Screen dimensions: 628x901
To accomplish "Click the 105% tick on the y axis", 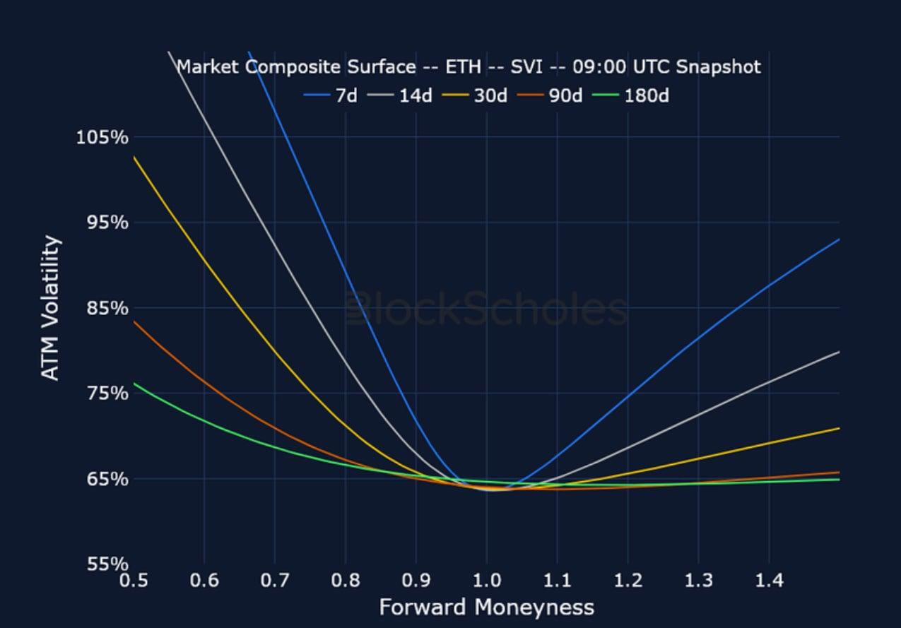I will [x=102, y=137].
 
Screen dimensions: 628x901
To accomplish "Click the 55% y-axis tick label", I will [x=107, y=564].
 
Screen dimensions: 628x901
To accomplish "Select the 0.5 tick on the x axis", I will [x=134, y=581].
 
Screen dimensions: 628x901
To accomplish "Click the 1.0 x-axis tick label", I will [x=486, y=581].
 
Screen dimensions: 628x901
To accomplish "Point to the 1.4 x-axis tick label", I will [x=769, y=581].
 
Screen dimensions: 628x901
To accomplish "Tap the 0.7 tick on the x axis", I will [x=275, y=581].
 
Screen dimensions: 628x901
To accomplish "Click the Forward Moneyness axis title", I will [x=486, y=608].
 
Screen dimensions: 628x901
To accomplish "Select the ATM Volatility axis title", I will [x=50, y=309].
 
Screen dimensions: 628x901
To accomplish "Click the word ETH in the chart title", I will [x=463, y=67].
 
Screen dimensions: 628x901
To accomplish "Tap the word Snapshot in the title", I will [x=718, y=67].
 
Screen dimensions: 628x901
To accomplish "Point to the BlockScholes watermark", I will [x=486, y=309].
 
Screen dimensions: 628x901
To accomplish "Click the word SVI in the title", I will [x=526, y=67].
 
